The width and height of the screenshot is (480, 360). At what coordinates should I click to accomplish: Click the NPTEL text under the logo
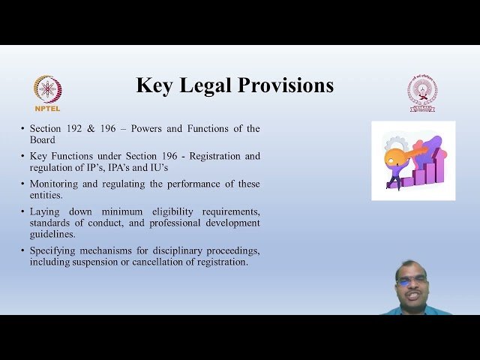click(x=47, y=108)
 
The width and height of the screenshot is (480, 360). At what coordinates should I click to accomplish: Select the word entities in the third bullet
click(x=46, y=195)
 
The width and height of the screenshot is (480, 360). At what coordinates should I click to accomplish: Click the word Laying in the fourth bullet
click(x=44, y=211)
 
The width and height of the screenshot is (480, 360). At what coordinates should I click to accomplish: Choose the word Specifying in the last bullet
click(x=54, y=250)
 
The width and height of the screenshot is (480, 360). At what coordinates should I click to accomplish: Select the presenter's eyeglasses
click(x=412, y=280)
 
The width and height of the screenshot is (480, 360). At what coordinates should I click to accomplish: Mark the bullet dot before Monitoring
click(x=22, y=184)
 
